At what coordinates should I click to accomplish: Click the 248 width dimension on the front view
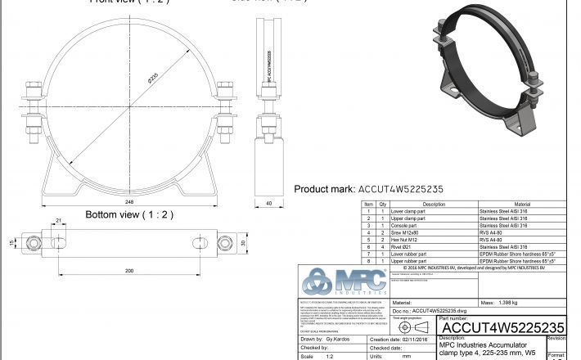click(x=128, y=199)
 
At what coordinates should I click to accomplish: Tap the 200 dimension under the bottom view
click(x=128, y=270)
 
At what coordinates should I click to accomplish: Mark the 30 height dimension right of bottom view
click(x=243, y=244)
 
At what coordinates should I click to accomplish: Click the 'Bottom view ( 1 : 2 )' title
click(x=129, y=214)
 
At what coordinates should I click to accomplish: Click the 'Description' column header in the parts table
click(x=433, y=204)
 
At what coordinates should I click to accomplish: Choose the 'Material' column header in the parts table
click(x=521, y=204)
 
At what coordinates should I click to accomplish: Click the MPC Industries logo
click(x=340, y=283)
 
